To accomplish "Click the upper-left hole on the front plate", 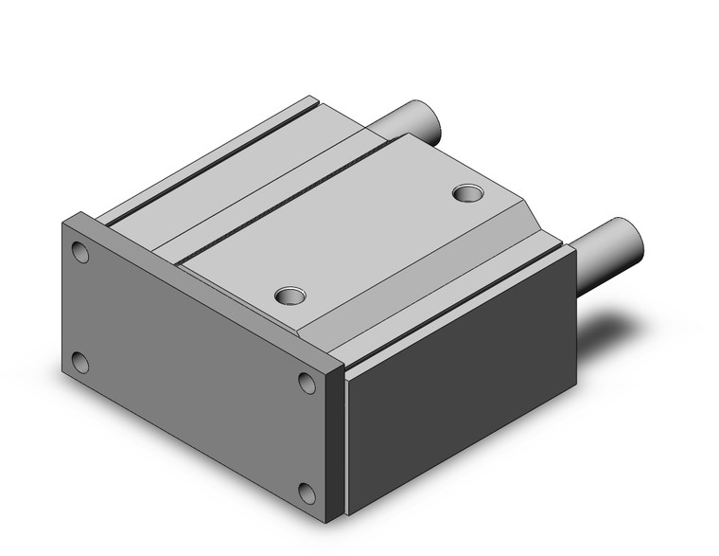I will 80,253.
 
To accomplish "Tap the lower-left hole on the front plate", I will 80,362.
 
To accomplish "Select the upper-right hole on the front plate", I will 307,382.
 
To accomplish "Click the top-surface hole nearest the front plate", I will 290,296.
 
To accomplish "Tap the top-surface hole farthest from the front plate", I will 466,193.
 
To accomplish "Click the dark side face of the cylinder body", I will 461,379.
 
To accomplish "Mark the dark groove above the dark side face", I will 454,303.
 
